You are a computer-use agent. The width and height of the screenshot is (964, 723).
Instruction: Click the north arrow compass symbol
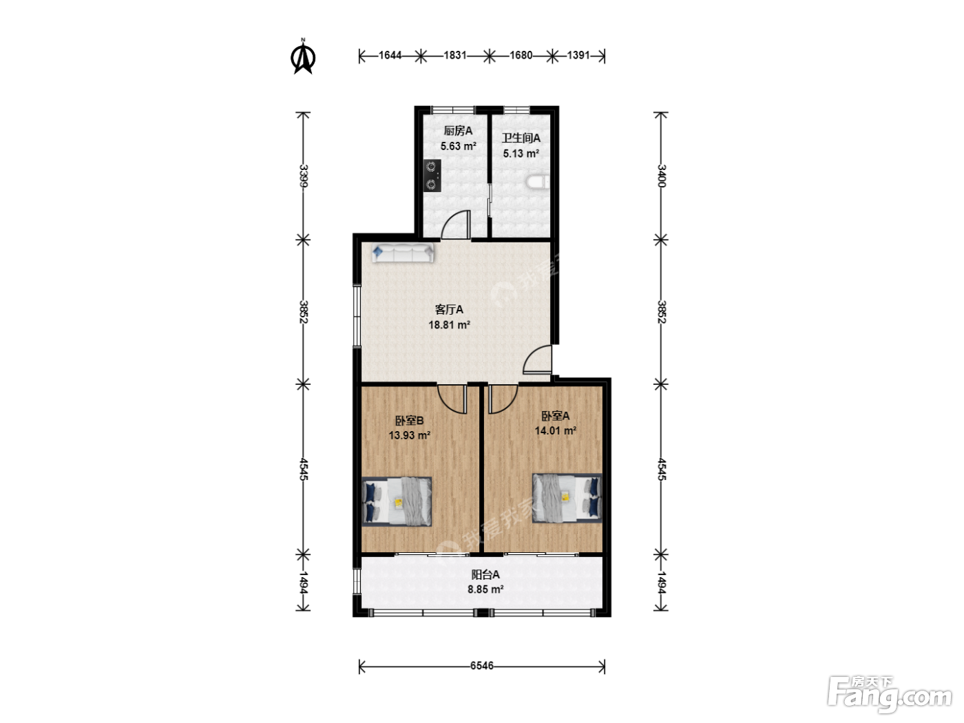pos(303,57)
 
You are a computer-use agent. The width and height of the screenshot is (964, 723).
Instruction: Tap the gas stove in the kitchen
pos(432,176)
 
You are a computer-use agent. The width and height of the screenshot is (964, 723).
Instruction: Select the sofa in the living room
pos(403,253)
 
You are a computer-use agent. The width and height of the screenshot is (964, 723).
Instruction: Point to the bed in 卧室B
pos(397,501)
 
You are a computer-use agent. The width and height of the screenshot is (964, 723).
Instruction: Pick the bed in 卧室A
pos(567,499)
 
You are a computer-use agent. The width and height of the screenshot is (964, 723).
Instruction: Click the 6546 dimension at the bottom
pos(482,666)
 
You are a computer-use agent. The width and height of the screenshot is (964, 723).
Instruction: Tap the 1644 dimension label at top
pos(390,55)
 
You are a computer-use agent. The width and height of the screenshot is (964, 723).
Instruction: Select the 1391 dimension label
pos(578,55)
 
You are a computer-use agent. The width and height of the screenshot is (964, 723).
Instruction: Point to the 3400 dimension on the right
pos(662,176)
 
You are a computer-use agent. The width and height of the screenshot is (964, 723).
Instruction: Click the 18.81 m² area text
pos(449,325)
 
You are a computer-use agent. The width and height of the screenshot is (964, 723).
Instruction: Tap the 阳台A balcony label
pos(485,575)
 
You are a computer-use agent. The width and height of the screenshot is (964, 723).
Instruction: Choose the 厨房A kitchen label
pos(458,131)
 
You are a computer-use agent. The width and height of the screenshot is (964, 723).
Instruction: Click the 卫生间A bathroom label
pos(521,138)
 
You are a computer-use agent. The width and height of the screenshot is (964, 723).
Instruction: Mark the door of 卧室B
pos(452,399)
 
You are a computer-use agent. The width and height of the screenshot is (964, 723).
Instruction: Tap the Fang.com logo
pos(890,695)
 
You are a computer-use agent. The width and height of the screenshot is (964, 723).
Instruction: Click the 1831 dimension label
pos(455,55)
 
